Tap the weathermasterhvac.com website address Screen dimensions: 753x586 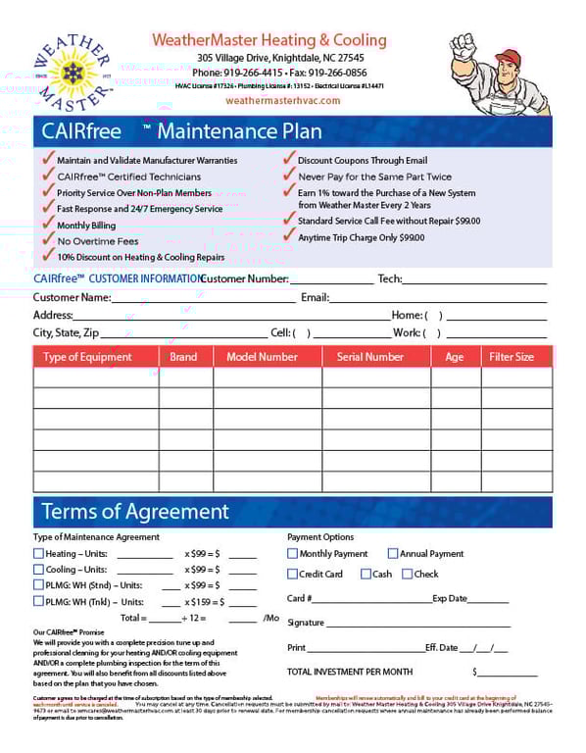[x=283, y=100]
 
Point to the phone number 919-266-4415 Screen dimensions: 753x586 [x=251, y=73]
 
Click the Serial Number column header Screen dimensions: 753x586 [x=369, y=357]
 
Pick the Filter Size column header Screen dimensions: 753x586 [x=511, y=357]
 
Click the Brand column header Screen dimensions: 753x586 [x=183, y=357]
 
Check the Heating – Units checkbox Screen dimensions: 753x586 [x=39, y=554]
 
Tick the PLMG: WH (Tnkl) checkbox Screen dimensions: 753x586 [x=39, y=602]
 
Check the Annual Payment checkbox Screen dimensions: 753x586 [x=393, y=554]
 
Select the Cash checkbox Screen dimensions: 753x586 [x=366, y=575]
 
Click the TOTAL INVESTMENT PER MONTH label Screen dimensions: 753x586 [x=350, y=672]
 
